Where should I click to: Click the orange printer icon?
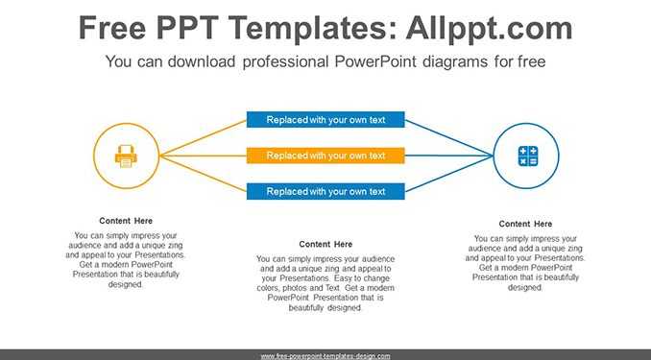click(x=126, y=156)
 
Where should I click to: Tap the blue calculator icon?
click(x=528, y=156)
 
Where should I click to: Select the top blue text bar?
click(x=325, y=120)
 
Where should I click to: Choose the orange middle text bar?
click(x=325, y=156)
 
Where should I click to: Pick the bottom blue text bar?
click(x=325, y=191)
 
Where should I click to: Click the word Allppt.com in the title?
click(x=489, y=28)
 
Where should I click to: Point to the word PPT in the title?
click(x=188, y=28)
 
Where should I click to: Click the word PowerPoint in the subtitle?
click(x=374, y=61)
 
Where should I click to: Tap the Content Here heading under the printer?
click(x=126, y=221)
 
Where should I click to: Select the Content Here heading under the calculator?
click(x=525, y=224)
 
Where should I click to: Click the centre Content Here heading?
click(x=325, y=244)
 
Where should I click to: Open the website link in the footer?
click(x=325, y=356)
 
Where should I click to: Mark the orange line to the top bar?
click(x=203, y=138)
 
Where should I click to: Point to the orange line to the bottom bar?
click(x=203, y=174)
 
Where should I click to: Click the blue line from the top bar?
click(x=448, y=138)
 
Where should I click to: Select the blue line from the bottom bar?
click(x=448, y=174)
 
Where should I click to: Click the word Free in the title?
click(x=112, y=28)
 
